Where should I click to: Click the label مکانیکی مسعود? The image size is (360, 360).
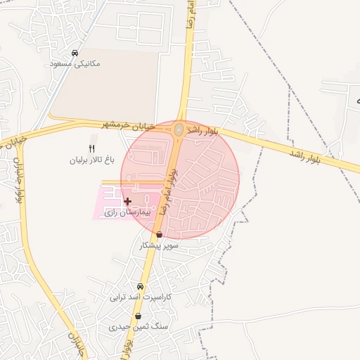pos(76,63)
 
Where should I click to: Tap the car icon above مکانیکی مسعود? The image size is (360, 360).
pos(75,53)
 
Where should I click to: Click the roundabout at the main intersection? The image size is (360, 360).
pos(179,130)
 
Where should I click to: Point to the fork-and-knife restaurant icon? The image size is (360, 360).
pos(91,148)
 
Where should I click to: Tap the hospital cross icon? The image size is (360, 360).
pos(127,202)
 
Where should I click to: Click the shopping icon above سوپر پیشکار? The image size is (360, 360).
pos(160,235)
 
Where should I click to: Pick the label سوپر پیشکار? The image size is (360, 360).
pos(160,245)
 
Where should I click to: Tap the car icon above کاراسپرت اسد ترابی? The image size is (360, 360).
pos(140,286)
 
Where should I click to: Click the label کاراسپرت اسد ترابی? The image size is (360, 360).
pos(140,297)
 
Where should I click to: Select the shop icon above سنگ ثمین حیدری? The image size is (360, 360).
pos(138,316)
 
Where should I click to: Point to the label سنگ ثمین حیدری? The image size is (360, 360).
pos(137,327)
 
